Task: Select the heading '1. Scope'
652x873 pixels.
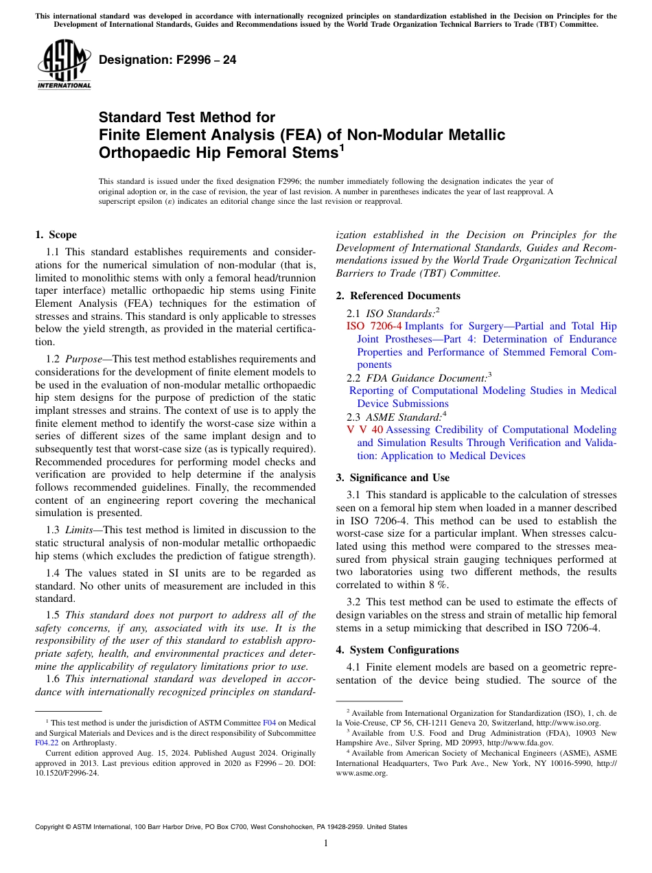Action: pos(56,235)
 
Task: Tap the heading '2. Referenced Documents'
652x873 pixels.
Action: pos(398,296)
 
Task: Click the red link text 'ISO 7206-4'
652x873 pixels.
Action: pos(374,326)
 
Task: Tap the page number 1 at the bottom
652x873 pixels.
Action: pos(326,843)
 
